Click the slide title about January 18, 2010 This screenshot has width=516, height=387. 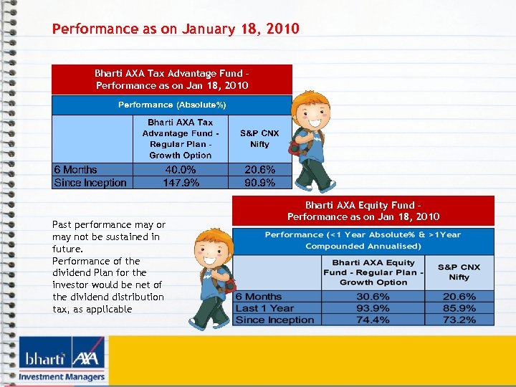click(x=176, y=29)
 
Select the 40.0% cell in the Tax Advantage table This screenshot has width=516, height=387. click(x=180, y=170)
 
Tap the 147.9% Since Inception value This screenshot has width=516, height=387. click(x=180, y=183)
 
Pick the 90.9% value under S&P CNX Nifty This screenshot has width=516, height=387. click(x=259, y=183)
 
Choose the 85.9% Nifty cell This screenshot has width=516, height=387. click(x=459, y=308)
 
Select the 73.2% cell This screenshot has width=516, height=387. click(x=459, y=320)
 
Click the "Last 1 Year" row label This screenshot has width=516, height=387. click(x=264, y=308)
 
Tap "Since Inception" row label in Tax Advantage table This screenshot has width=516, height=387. click(x=90, y=183)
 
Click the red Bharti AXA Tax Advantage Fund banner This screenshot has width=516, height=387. click(x=172, y=80)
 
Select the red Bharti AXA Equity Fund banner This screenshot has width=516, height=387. click(x=363, y=211)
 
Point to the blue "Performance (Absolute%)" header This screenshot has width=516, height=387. click(x=172, y=105)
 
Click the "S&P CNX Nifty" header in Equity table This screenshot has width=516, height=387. click(x=459, y=272)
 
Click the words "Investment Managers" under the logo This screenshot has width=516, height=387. click(x=62, y=377)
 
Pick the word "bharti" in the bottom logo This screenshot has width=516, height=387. click(x=46, y=359)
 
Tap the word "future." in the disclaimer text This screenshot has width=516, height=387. click(x=68, y=249)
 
